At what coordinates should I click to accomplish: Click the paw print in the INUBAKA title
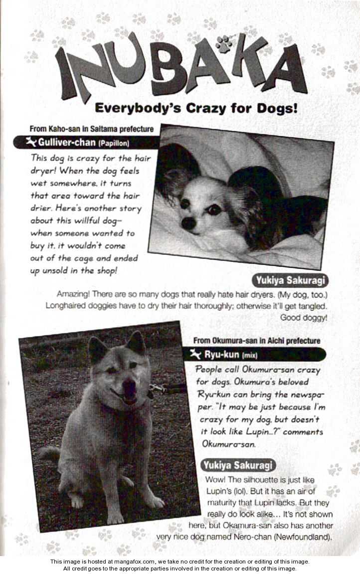click(223, 44)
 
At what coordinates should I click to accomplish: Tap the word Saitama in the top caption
click(98, 129)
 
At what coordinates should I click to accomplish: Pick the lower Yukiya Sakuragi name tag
click(238, 465)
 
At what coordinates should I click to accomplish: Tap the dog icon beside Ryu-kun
click(195, 355)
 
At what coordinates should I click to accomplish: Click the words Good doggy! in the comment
click(303, 317)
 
